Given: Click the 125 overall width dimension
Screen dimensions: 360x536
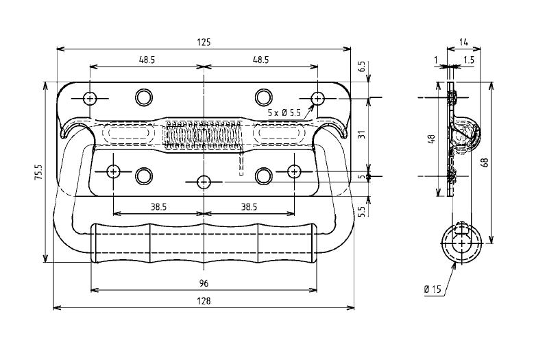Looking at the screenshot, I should coord(204,42).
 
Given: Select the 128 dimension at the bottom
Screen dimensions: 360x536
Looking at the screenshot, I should coord(204,301).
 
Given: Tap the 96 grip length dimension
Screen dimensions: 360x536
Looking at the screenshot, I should coord(204,283).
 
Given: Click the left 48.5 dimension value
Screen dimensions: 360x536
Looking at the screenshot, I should coord(147,60).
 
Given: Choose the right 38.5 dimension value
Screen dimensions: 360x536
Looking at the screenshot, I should coord(249,206).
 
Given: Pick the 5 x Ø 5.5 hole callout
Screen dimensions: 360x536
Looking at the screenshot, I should coord(284,112).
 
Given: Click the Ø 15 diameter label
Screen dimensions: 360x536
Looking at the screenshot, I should coord(433,289).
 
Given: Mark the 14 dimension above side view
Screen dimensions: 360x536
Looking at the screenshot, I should coord(464,42).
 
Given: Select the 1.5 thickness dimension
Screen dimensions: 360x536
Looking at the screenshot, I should coord(468,60).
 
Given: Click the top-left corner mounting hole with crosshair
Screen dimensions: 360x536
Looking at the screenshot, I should coord(90,98).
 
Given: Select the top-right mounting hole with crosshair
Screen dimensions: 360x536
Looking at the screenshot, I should coord(317,99).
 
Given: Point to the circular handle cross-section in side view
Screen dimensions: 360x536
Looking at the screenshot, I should coord(461,243).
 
